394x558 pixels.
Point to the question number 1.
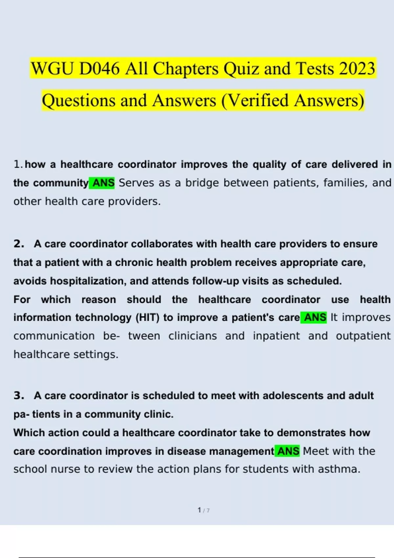click(18, 164)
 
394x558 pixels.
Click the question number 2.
click(19, 244)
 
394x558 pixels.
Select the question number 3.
click(19, 396)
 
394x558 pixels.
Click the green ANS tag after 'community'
click(103, 183)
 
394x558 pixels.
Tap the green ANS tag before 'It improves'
click(315, 317)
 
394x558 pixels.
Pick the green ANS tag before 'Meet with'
click(288, 451)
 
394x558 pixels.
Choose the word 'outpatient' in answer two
click(363, 336)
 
